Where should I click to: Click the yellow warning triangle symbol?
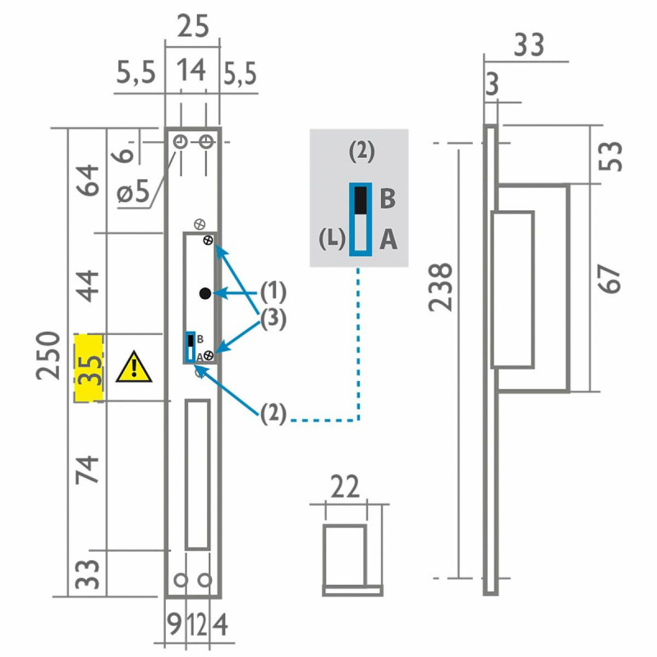(133, 367)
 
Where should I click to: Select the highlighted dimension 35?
(90, 368)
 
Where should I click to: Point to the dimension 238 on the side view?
(441, 287)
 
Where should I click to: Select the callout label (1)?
(273, 292)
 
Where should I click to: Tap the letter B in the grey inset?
(388, 199)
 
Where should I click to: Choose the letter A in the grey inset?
(388, 240)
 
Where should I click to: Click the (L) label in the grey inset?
(331, 240)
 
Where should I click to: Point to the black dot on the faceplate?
(204, 293)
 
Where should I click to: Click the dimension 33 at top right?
(528, 44)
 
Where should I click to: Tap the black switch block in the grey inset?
(360, 200)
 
